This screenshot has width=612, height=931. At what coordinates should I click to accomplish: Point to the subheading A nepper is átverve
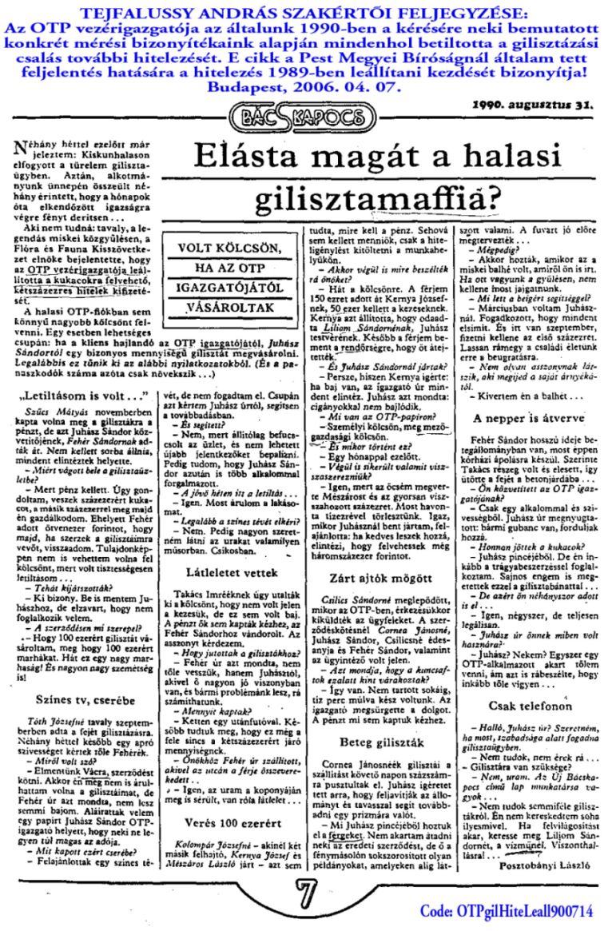(524, 416)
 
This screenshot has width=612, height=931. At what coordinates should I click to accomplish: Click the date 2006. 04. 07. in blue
(348, 86)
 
